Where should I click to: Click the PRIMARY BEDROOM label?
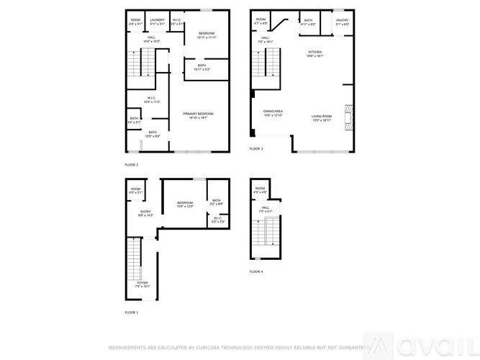(198, 115)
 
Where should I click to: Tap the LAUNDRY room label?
(157, 22)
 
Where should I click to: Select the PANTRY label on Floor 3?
(342, 22)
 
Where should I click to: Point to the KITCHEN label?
(315, 54)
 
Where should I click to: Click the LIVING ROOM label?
(321, 117)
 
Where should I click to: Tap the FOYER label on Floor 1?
(143, 284)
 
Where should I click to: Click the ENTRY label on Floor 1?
(146, 213)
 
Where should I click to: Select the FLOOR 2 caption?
(132, 165)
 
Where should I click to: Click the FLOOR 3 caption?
(256, 149)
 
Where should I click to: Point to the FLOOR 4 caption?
(256, 271)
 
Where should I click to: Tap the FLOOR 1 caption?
(132, 312)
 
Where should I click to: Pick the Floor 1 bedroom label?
(186, 205)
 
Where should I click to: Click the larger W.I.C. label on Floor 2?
(152, 99)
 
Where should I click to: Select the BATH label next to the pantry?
(308, 22)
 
